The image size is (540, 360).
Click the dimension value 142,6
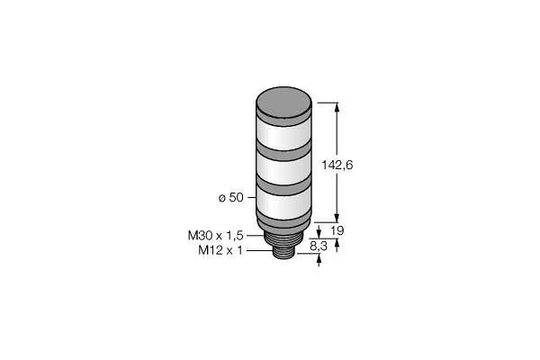(x=337, y=166)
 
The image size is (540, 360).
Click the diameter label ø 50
(x=231, y=198)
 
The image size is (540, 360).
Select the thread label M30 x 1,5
(x=216, y=236)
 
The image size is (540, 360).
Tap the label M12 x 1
(x=220, y=250)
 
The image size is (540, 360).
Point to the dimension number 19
(x=337, y=230)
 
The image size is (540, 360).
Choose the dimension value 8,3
(x=319, y=246)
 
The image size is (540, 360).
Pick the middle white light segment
(x=284, y=169)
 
